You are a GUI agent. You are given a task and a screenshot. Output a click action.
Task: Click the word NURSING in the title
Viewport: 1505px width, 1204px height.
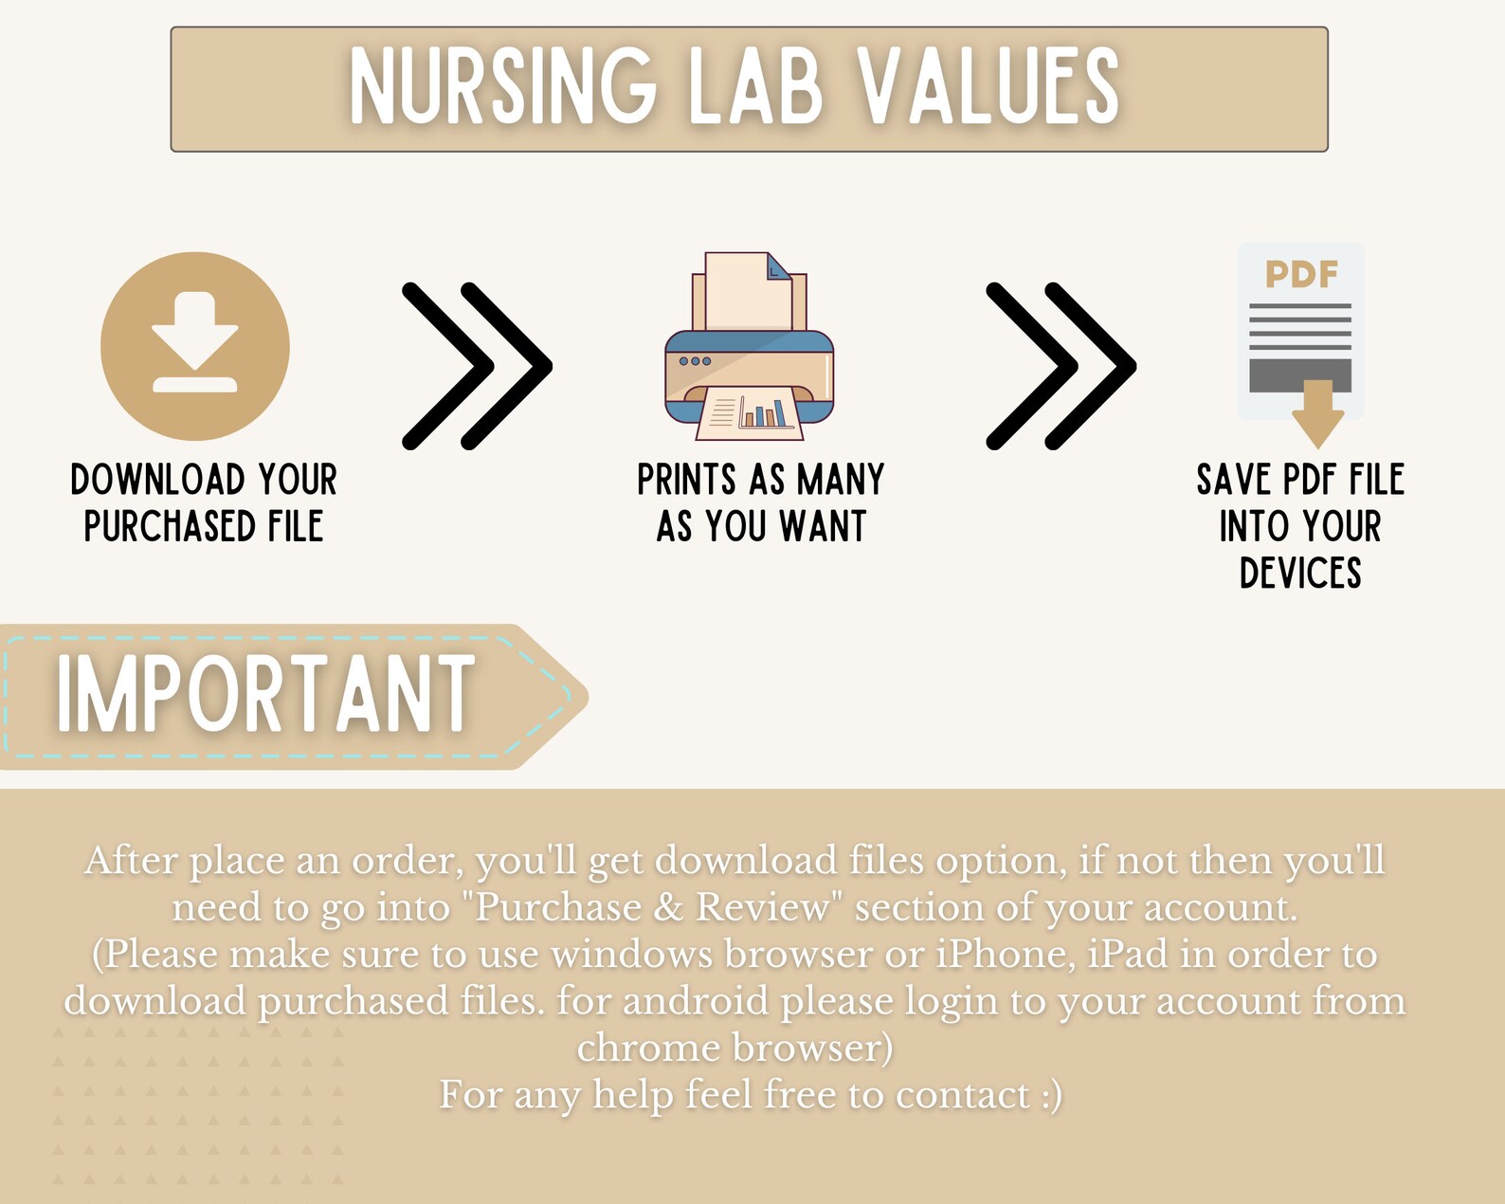(x=502, y=87)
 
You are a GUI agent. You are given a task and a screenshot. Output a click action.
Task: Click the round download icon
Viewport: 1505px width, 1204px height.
(x=195, y=346)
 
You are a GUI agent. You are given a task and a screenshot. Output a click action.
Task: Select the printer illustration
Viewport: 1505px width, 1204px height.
(x=749, y=351)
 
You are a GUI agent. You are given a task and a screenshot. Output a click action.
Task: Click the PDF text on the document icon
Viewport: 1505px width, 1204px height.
(x=1301, y=275)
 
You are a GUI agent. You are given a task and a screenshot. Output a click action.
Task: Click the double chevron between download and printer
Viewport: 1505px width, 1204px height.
(x=477, y=365)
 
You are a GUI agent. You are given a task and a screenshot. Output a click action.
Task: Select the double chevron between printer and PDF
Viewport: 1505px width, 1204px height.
(x=1061, y=365)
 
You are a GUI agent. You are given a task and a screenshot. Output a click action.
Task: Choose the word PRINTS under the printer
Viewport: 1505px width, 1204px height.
(x=686, y=480)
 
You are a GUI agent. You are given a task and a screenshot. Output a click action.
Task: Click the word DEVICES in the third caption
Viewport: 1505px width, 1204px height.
(x=1300, y=573)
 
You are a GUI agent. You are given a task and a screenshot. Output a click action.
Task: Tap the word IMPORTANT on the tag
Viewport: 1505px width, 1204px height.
(x=265, y=695)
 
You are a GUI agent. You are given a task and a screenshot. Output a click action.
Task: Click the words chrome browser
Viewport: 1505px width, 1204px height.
(x=734, y=1048)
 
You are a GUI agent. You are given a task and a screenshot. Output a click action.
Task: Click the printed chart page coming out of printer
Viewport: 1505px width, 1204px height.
(x=750, y=415)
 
